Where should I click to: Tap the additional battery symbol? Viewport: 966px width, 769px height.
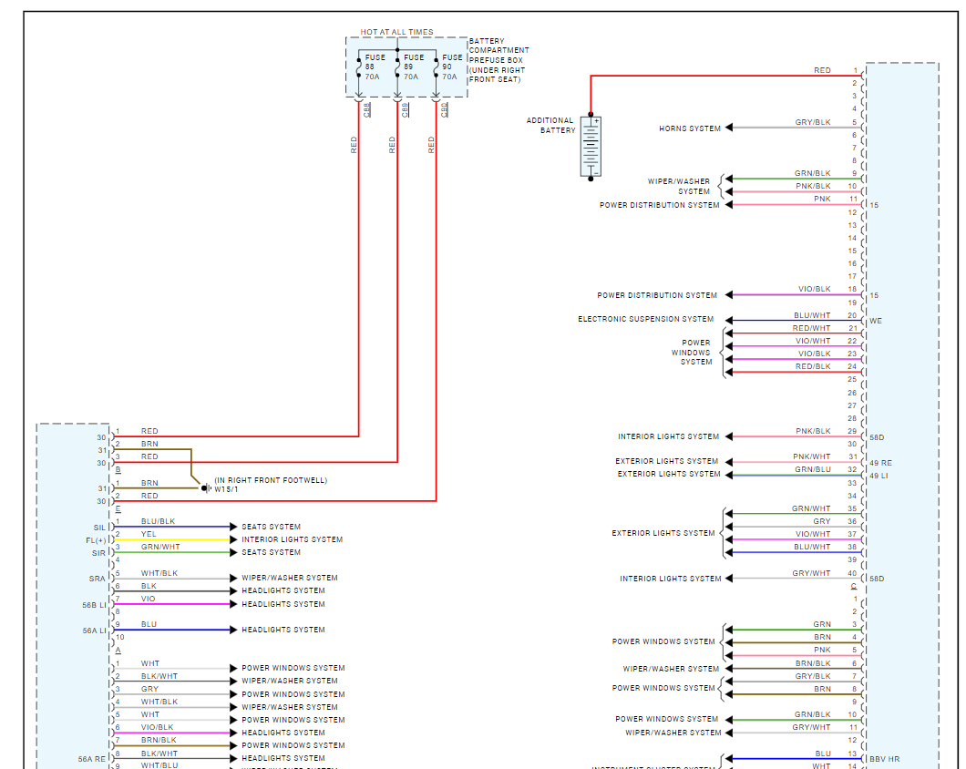point(592,146)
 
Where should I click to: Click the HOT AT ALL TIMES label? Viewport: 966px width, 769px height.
point(396,32)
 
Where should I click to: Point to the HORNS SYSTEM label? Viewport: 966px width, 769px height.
point(690,128)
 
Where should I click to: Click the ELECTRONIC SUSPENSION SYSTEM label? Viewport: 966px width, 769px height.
point(646,320)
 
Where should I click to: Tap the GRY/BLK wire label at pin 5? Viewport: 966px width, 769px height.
point(812,122)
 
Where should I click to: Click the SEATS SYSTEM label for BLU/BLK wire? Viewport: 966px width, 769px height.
point(271,527)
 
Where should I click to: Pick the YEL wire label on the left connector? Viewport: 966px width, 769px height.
point(149,534)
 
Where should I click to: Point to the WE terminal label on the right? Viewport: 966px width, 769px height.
point(876,321)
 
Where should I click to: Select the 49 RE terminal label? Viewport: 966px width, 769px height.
point(880,463)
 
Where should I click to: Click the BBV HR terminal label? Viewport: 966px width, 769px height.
point(885,759)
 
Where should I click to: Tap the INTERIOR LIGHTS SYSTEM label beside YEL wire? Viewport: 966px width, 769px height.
point(292,539)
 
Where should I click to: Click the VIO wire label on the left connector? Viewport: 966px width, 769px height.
point(149,599)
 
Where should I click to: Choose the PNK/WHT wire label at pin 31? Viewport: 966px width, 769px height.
point(811,456)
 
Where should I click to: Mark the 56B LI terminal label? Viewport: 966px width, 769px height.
point(95,604)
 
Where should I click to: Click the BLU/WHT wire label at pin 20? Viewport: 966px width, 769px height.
point(812,315)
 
